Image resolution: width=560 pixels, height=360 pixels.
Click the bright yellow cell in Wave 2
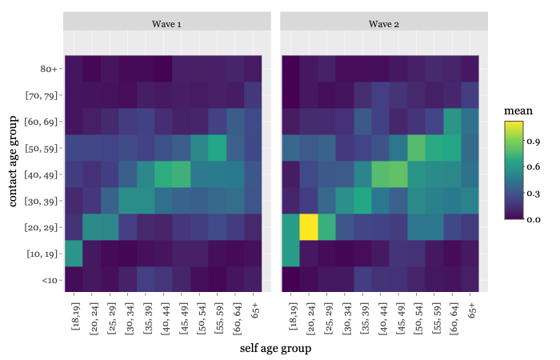click(309, 227)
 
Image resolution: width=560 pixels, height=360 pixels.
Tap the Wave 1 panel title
click(166, 24)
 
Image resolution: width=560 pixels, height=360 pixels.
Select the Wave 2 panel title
click(383, 24)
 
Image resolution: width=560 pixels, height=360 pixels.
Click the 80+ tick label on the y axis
click(49, 69)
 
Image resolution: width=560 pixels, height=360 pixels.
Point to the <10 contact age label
click(50, 280)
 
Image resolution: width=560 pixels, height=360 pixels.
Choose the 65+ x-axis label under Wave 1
click(254, 310)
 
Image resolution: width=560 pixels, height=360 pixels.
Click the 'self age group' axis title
click(275, 348)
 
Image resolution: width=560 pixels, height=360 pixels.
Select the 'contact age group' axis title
click(13, 162)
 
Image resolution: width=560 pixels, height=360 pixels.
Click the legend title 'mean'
click(518, 110)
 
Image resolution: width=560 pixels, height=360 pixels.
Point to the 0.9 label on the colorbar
click(534, 141)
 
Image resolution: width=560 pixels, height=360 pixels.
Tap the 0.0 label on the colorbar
click(534, 219)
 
